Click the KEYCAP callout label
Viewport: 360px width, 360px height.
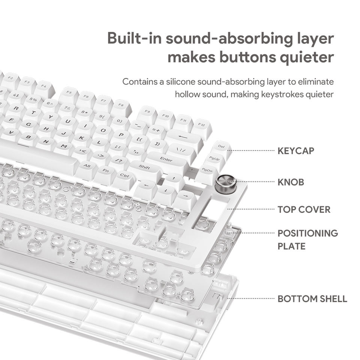tap(296, 151)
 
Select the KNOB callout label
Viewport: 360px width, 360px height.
tap(291, 182)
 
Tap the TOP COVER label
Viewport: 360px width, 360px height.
tap(304, 210)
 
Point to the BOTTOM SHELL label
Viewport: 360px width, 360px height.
tap(312, 299)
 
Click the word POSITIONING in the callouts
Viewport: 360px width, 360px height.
tap(307, 233)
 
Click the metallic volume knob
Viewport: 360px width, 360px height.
tap(226, 183)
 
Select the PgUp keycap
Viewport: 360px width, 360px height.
tap(214, 159)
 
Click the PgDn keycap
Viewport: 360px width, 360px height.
tap(207, 170)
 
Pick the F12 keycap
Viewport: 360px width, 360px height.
tap(201, 126)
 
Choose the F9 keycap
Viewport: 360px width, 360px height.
tap(147, 112)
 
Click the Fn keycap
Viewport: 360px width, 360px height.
tap(105, 171)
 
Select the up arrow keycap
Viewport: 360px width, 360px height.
tap(174, 178)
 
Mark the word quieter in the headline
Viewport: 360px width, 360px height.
tap(306, 57)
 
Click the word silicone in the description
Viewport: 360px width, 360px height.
tap(180, 82)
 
